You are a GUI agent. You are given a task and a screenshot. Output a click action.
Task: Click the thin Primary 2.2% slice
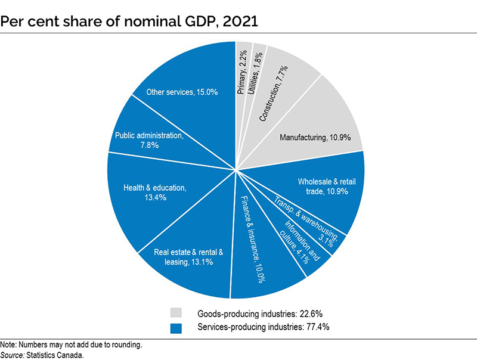[243, 72]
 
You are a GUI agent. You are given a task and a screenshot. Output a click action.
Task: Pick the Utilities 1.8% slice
[258, 72]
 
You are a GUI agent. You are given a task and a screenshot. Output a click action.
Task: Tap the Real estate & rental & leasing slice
[188, 256]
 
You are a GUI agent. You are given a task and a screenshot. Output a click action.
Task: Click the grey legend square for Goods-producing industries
[176, 313]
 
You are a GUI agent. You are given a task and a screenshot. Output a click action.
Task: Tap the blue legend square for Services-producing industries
[176, 327]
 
